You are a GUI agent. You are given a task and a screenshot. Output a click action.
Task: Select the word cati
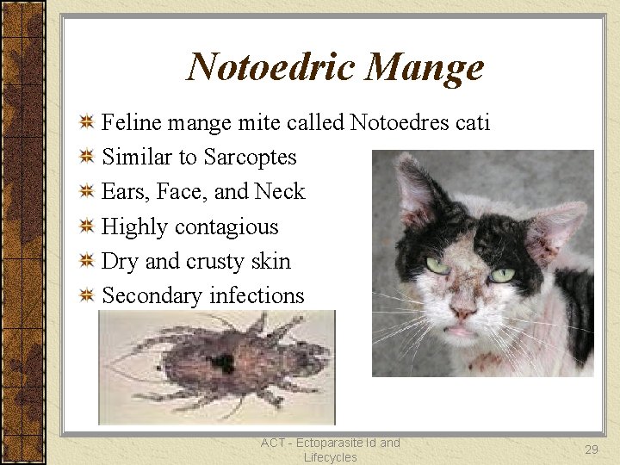click(473, 123)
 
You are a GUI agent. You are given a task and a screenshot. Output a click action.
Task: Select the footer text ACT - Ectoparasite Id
click(330, 443)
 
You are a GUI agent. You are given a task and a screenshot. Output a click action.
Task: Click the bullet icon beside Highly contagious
click(86, 227)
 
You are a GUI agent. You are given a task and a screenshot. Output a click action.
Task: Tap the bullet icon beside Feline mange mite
click(86, 123)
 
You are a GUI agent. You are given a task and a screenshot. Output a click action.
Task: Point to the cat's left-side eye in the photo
click(438, 265)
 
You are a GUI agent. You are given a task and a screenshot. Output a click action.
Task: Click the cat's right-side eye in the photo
click(502, 276)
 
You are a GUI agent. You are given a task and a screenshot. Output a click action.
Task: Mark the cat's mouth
click(462, 331)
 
